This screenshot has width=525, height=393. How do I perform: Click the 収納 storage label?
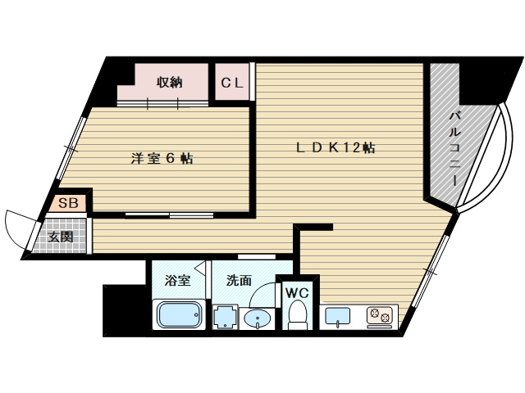coord(170,82)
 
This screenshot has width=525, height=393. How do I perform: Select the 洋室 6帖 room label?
coord(162,159)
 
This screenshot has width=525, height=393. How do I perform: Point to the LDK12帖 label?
coord(336,148)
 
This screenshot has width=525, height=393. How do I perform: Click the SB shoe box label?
coord(68,201)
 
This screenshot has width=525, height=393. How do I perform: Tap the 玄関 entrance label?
coord(60,237)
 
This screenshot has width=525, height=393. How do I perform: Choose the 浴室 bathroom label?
coord(177,281)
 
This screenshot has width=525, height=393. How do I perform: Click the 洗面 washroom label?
coord(240,281)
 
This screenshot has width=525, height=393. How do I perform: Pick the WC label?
coord(295,292)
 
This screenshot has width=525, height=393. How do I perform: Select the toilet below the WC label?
coord(297,315)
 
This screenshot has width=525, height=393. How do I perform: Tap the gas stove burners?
coord(379,314)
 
